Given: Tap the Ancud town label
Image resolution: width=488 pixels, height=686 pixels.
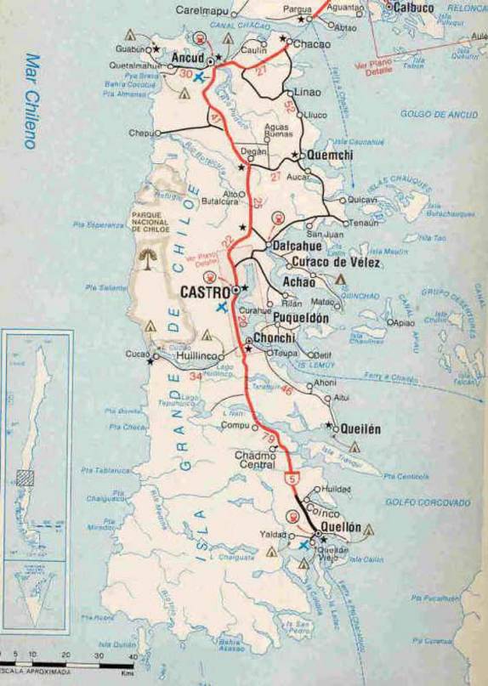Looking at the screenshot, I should (188, 58).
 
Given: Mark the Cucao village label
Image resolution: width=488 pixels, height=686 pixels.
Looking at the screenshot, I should (137, 352).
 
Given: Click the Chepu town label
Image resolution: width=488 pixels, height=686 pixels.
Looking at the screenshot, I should (140, 133).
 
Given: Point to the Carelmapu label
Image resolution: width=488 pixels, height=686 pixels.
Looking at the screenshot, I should (203, 10).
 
